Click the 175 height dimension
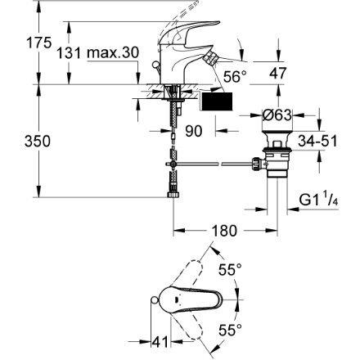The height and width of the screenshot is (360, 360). tap(38, 43)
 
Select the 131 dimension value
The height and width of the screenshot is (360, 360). tap(69, 52)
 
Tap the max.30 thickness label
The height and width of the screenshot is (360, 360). tap(113, 52)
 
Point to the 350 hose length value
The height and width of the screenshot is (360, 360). tap(38, 142)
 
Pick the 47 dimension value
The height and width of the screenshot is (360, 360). tap(278, 74)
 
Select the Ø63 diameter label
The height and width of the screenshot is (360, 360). tap(277, 115)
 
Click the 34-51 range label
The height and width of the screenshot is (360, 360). tap(317, 141)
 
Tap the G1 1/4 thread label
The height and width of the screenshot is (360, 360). tap(319, 199)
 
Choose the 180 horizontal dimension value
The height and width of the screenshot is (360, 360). tap(224, 231)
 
